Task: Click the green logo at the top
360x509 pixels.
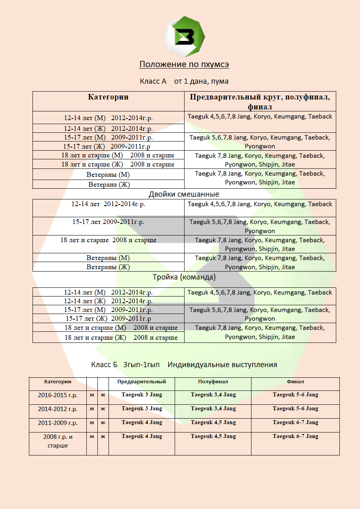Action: point(184,37)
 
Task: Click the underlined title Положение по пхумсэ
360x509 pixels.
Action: point(184,64)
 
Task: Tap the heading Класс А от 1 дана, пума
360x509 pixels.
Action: point(184,81)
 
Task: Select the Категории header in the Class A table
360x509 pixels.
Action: point(108,97)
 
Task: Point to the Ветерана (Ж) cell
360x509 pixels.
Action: point(109,184)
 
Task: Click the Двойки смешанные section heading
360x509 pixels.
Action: point(184,194)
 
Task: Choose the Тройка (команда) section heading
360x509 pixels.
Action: point(184,277)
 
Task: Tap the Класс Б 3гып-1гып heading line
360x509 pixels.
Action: point(184,365)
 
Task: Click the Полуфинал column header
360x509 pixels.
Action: point(213,382)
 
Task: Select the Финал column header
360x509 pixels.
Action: point(295,382)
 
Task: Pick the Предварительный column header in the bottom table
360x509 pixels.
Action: point(142,382)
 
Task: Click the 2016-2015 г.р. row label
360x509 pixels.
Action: point(58,395)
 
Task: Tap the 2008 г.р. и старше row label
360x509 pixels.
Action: point(58,441)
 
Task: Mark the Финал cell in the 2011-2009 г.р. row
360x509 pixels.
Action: point(295,423)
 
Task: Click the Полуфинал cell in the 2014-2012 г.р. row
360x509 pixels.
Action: point(213,409)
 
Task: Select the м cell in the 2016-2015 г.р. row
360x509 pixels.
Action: point(92,395)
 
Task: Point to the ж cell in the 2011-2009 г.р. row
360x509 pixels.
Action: point(103,423)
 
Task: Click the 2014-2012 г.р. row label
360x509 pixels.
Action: point(58,409)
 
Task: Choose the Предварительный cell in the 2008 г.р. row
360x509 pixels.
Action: point(142,436)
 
